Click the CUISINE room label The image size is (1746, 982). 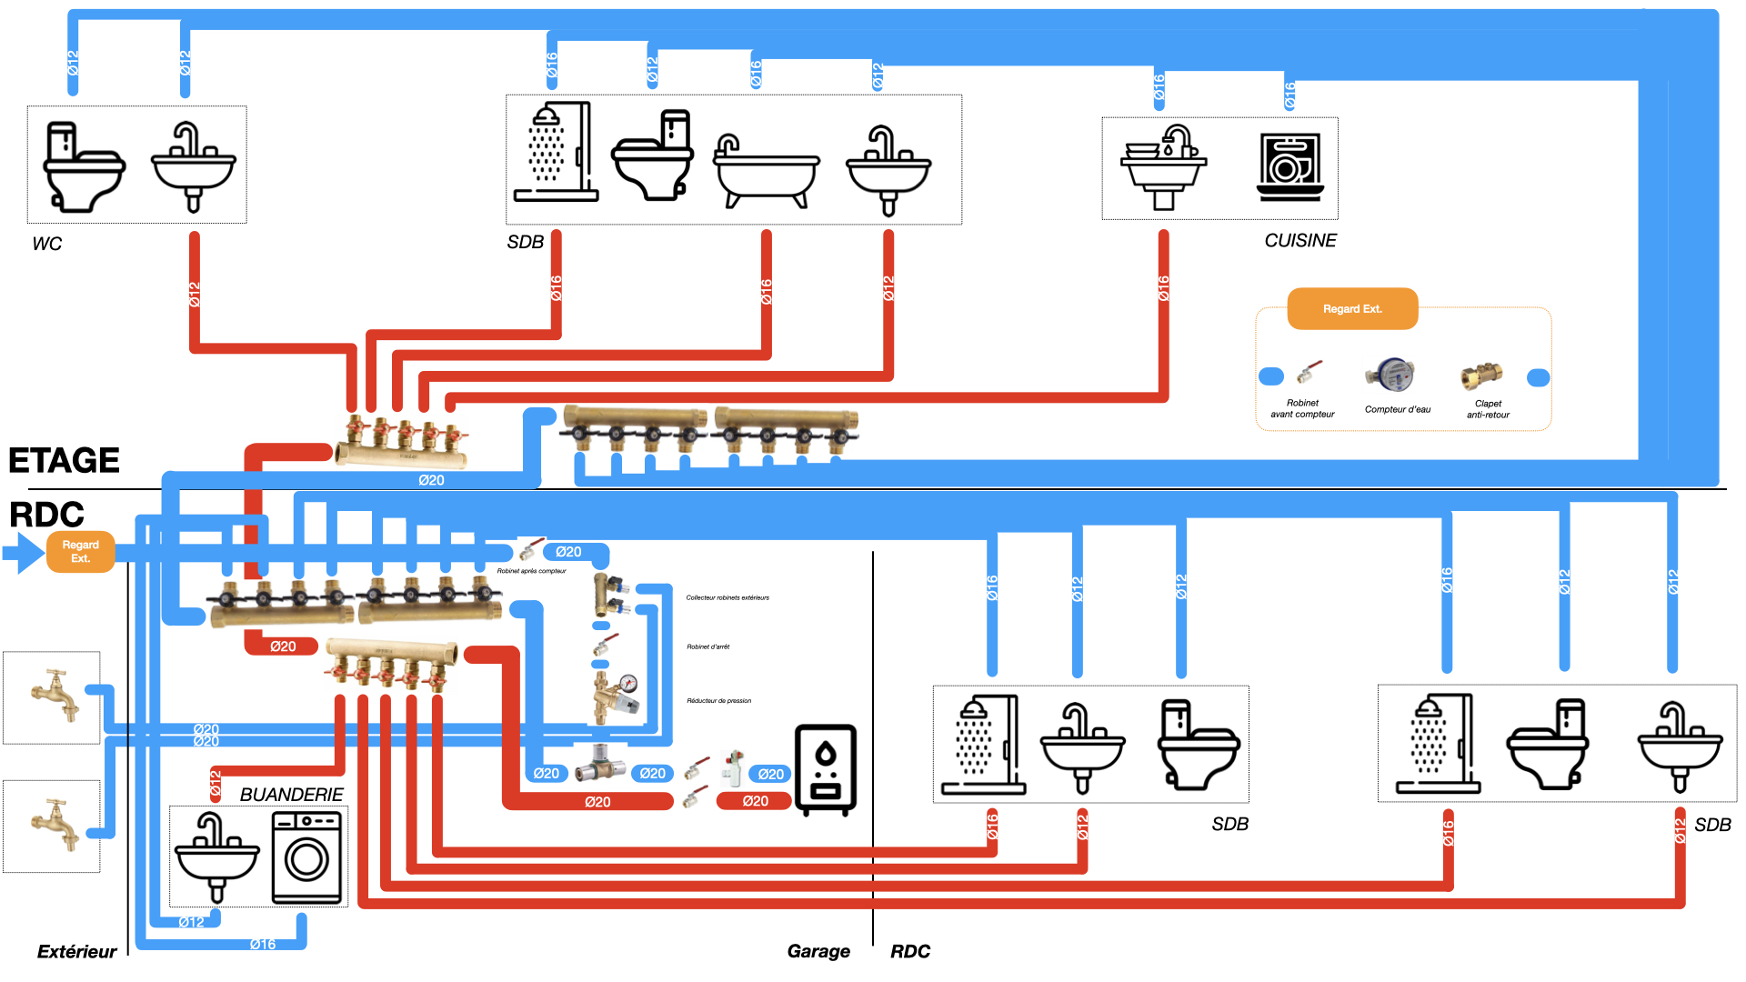[1300, 241]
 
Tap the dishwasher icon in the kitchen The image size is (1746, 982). [1289, 167]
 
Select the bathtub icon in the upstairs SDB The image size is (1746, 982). [766, 172]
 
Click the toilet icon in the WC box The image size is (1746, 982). [84, 166]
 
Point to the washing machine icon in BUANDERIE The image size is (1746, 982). [307, 857]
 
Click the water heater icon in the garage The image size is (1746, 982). [825, 769]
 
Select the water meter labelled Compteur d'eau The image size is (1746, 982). [1390, 374]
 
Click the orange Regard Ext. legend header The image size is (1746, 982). [1352, 309]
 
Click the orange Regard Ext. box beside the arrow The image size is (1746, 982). [81, 552]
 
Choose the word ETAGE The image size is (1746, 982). [64, 461]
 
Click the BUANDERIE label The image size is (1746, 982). [291, 795]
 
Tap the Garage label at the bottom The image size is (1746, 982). [818, 951]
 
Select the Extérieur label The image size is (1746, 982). [77, 952]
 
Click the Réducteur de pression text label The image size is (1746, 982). [718, 701]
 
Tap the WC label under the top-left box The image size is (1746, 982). [47, 244]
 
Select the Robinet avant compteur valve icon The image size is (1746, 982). [1309, 372]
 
